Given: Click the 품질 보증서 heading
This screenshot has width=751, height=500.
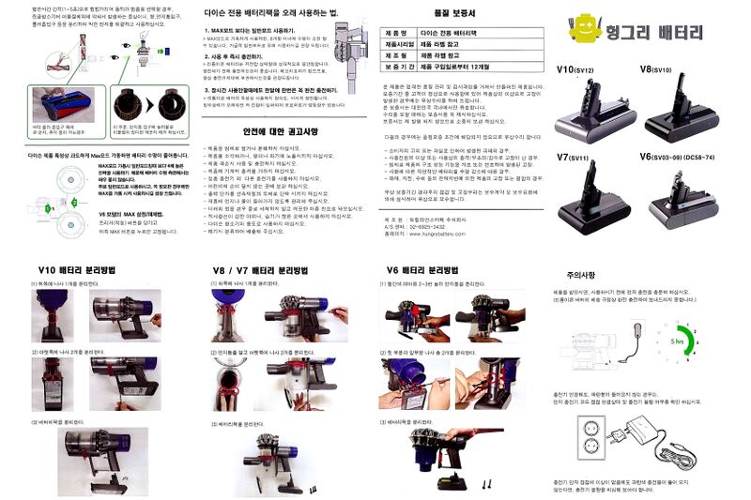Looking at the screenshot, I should pyautogui.click(x=455, y=14).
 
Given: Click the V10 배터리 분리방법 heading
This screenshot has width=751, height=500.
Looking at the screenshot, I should pyautogui.click(x=81, y=270).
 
